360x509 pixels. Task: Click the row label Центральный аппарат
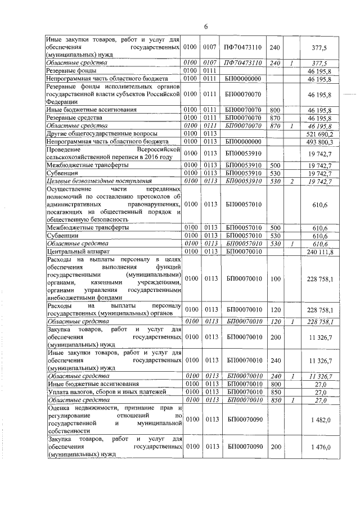73,252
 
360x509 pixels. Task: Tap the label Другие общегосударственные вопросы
98,134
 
